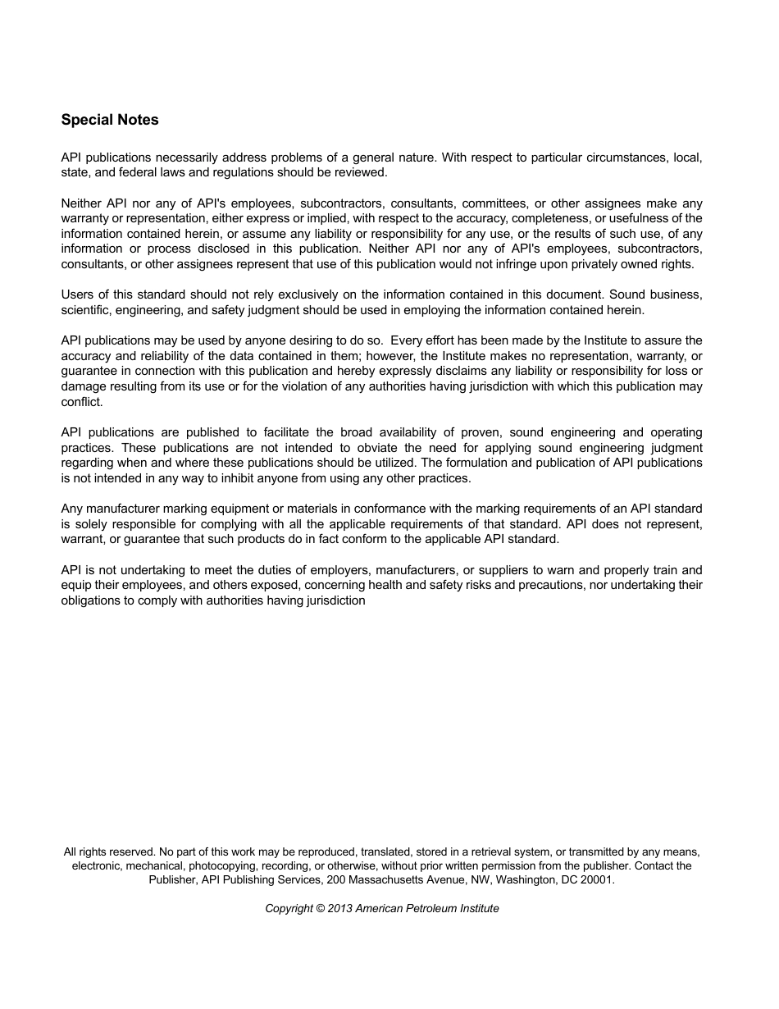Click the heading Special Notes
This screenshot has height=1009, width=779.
point(110,120)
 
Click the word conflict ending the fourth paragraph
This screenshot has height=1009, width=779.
point(81,402)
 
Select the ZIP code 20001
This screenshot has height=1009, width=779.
point(596,879)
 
